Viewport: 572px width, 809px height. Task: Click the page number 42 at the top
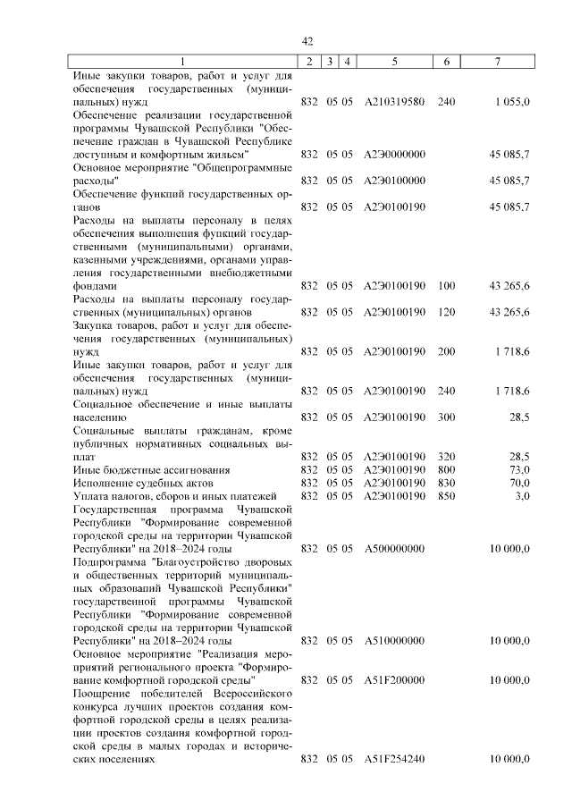click(307, 41)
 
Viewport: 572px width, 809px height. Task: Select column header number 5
click(394, 61)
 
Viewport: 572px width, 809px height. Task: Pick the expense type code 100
click(447, 286)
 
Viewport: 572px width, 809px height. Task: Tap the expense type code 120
click(447, 312)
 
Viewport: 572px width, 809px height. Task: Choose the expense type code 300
click(447, 417)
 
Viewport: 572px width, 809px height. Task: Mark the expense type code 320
click(447, 456)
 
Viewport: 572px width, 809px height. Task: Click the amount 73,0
click(518, 469)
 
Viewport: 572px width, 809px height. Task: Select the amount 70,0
click(518, 483)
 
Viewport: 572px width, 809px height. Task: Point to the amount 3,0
click(522, 495)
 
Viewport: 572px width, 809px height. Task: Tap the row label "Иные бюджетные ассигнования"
click(139, 469)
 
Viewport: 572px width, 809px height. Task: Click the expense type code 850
click(447, 495)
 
